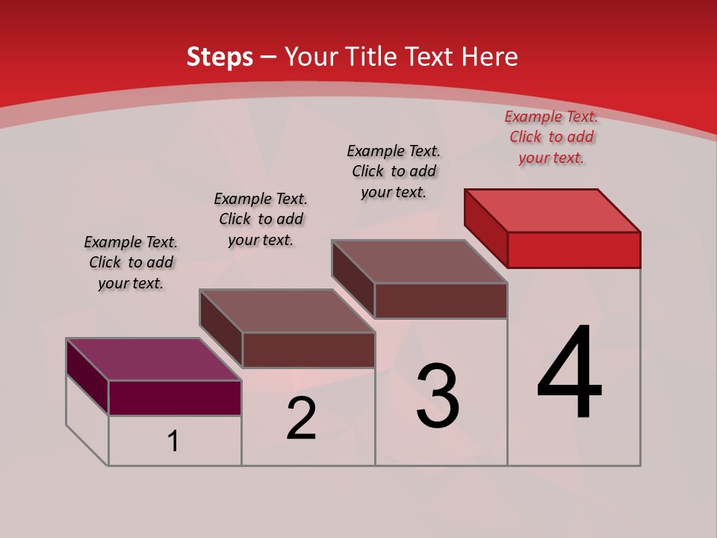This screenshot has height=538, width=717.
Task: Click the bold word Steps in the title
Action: click(x=220, y=57)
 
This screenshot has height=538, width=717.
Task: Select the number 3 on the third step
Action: click(x=438, y=396)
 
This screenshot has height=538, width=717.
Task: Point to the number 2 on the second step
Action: click(x=302, y=418)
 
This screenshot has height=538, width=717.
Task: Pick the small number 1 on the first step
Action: click(x=173, y=442)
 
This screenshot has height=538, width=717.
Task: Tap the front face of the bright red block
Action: click(x=574, y=250)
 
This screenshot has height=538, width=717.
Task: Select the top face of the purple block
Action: click(x=154, y=359)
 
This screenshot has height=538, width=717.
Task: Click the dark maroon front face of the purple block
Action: click(x=175, y=398)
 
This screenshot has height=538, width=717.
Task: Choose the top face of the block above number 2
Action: click(x=287, y=310)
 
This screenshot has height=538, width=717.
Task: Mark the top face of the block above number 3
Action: click(x=420, y=261)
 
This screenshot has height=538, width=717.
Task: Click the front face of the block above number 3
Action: click(x=441, y=300)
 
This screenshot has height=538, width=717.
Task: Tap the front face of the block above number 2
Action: click(x=308, y=350)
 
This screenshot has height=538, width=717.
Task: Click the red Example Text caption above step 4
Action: click(x=551, y=137)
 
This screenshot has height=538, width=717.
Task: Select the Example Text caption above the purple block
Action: click(x=131, y=262)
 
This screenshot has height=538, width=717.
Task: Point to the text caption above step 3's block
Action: click(x=394, y=171)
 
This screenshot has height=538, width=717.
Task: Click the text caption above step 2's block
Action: click(x=261, y=219)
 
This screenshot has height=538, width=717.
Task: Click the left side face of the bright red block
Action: click(x=485, y=228)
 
